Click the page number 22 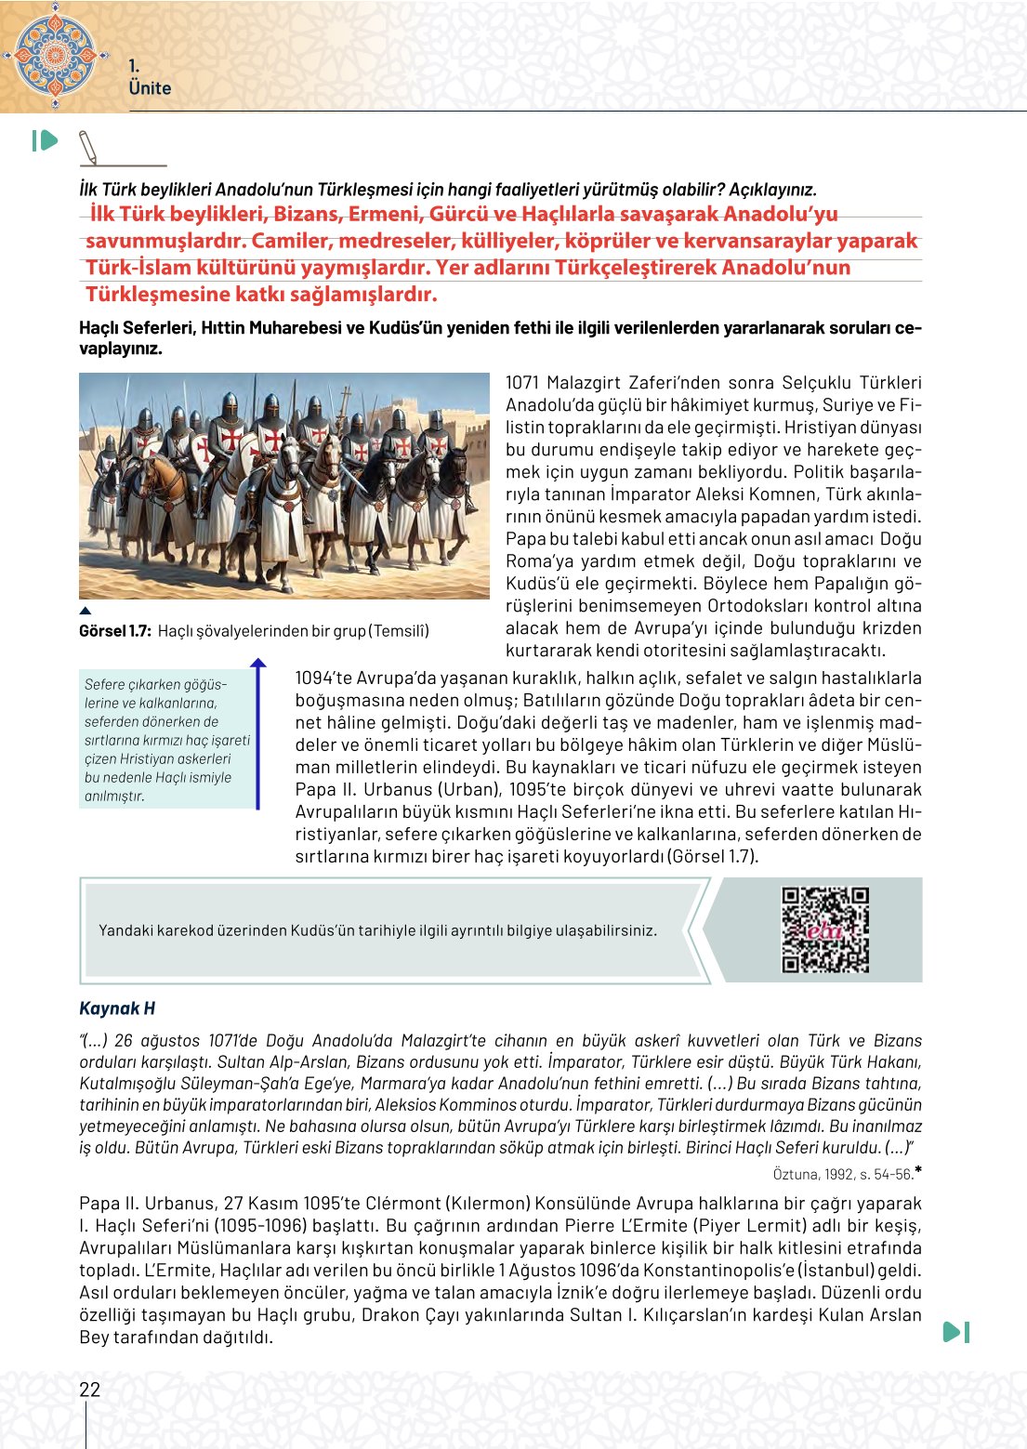point(89,1390)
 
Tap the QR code point(825,929)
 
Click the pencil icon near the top point(88,147)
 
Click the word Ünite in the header point(150,88)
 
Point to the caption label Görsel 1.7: point(115,631)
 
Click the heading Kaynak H point(117,1008)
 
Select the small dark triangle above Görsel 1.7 point(86,611)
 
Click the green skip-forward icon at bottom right point(956,1332)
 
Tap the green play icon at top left point(45,140)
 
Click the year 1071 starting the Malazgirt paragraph point(521,383)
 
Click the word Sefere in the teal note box point(104,684)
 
